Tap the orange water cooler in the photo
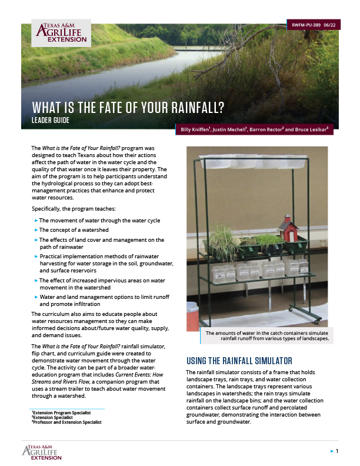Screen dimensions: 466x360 tap(192, 316)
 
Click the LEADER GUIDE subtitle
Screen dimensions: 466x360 tap(59, 120)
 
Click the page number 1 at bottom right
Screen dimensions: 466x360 tap(336, 451)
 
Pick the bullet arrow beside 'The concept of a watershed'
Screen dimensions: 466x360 tap(36, 230)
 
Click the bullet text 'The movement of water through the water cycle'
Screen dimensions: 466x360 tap(99, 220)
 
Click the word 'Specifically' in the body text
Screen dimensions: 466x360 tap(46, 208)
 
